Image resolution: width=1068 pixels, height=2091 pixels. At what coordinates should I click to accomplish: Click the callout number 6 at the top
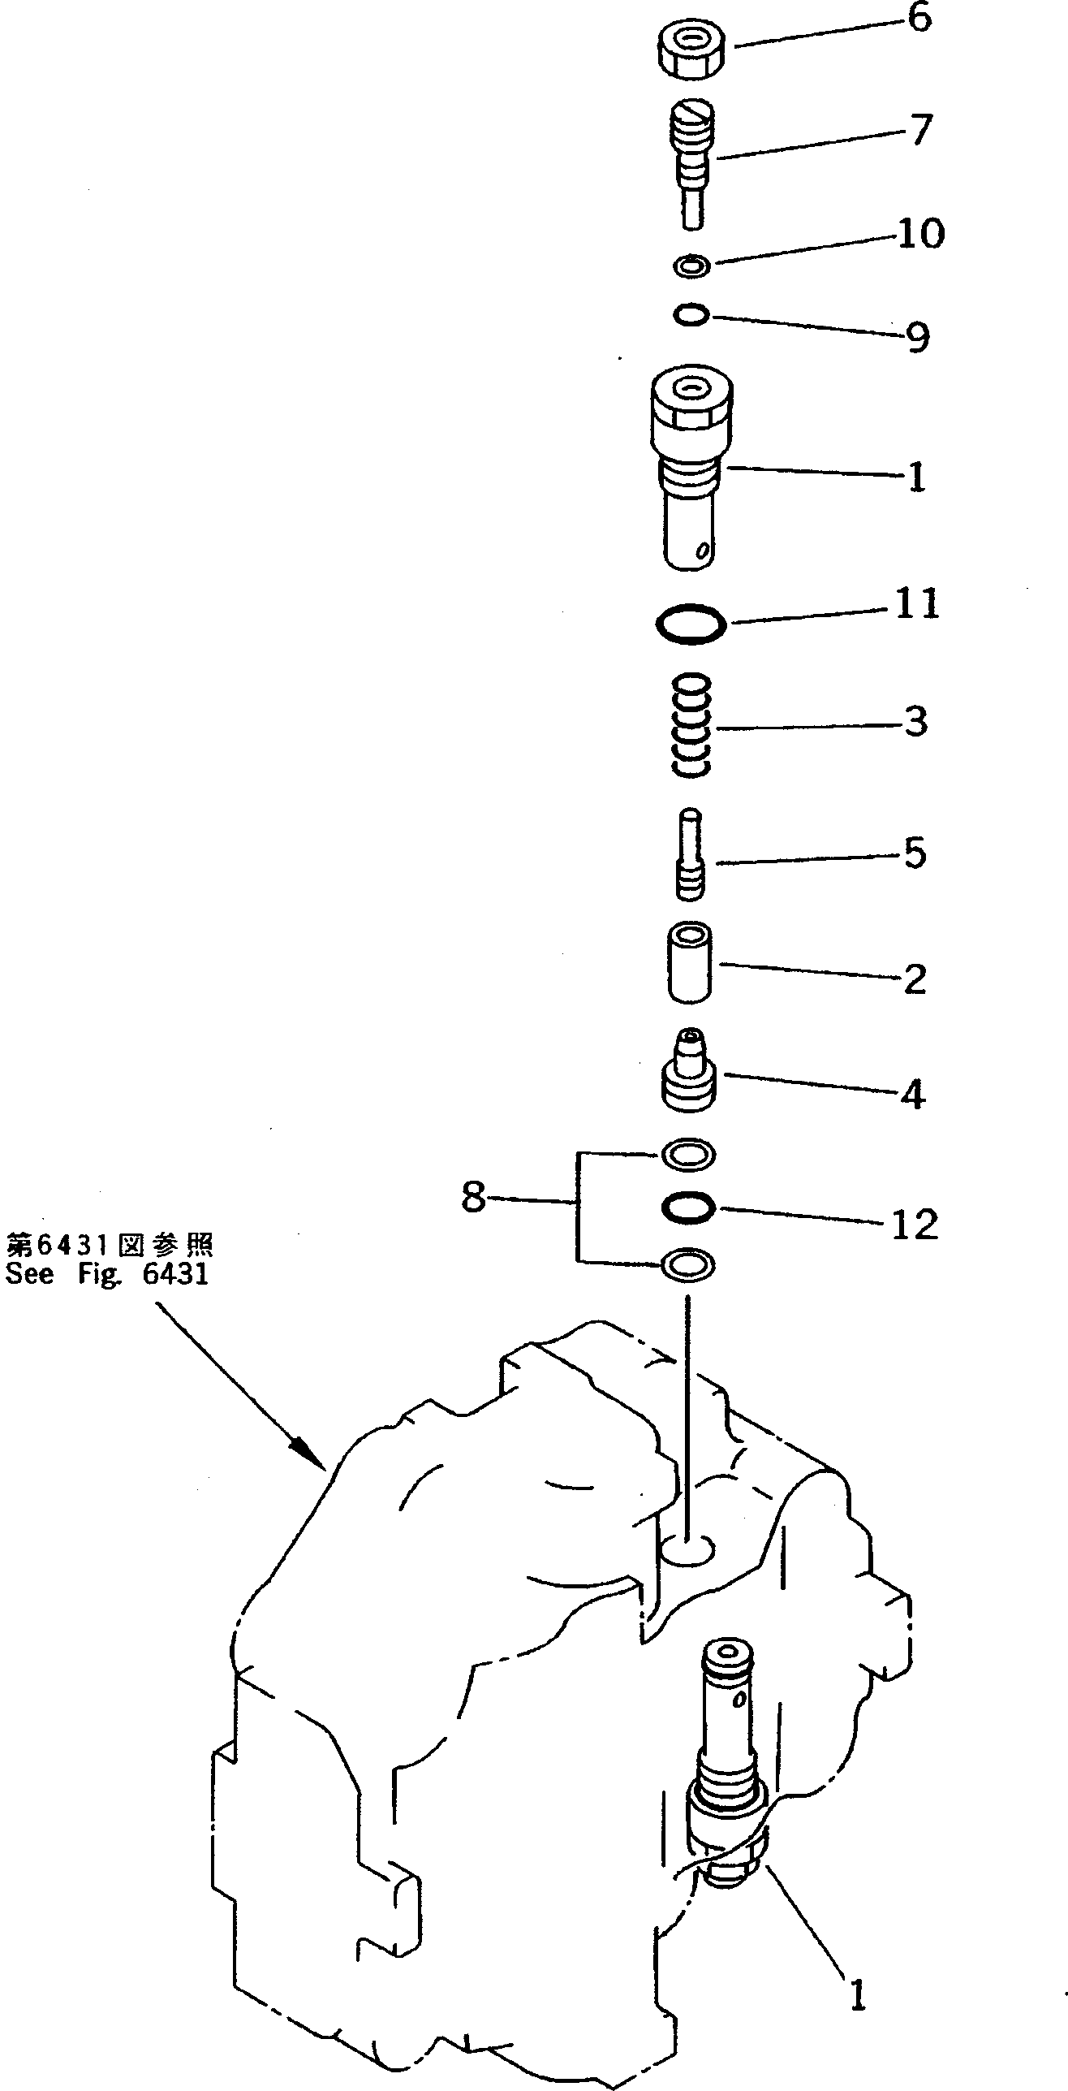click(919, 18)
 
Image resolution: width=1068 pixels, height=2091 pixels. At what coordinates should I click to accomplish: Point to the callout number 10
click(920, 234)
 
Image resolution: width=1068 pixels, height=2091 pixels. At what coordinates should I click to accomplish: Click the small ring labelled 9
click(692, 315)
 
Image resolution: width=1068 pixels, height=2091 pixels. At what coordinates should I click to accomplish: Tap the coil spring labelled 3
click(691, 724)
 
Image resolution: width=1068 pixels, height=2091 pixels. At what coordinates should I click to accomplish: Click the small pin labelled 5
click(691, 855)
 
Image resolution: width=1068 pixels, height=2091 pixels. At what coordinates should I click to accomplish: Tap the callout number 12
click(915, 1225)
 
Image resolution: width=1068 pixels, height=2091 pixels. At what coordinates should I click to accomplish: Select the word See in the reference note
click(31, 1273)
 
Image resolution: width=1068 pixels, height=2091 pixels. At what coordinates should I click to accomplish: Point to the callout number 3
click(915, 721)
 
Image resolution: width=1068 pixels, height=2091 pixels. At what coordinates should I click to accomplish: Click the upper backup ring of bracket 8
click(689, 1153)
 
